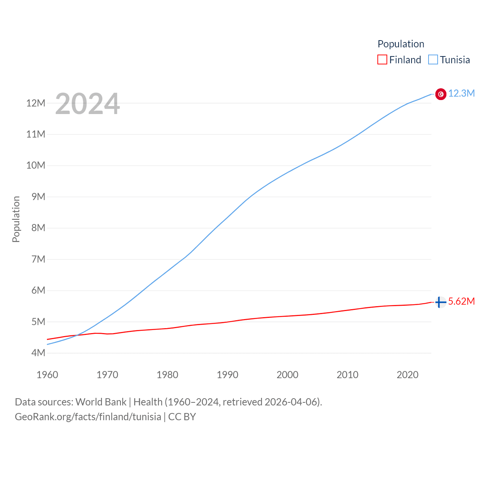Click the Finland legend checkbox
(x=382, y=60)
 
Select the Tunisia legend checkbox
(x=433, y=60)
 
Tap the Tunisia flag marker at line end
(x=441, y=94)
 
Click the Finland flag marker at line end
(x=440, y=302)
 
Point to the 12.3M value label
(x=462, y=94)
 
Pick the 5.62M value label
(x=462, y=302)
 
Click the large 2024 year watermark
(x=88, y=104)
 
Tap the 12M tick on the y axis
(x=36, y=103)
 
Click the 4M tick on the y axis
(x=38, y=353)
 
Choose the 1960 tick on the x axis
(x=47, y=375)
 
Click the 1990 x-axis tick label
(x=227, y=375)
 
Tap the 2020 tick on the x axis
(x=407, y=375)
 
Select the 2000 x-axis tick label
(x=288, y=375)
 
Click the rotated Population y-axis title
(x=16, y=219)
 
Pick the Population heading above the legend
(x=401, y=44)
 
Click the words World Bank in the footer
(x=101, y=402)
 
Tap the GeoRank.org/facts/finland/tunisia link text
(x=88, y=417)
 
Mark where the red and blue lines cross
(x=77, y=335)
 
